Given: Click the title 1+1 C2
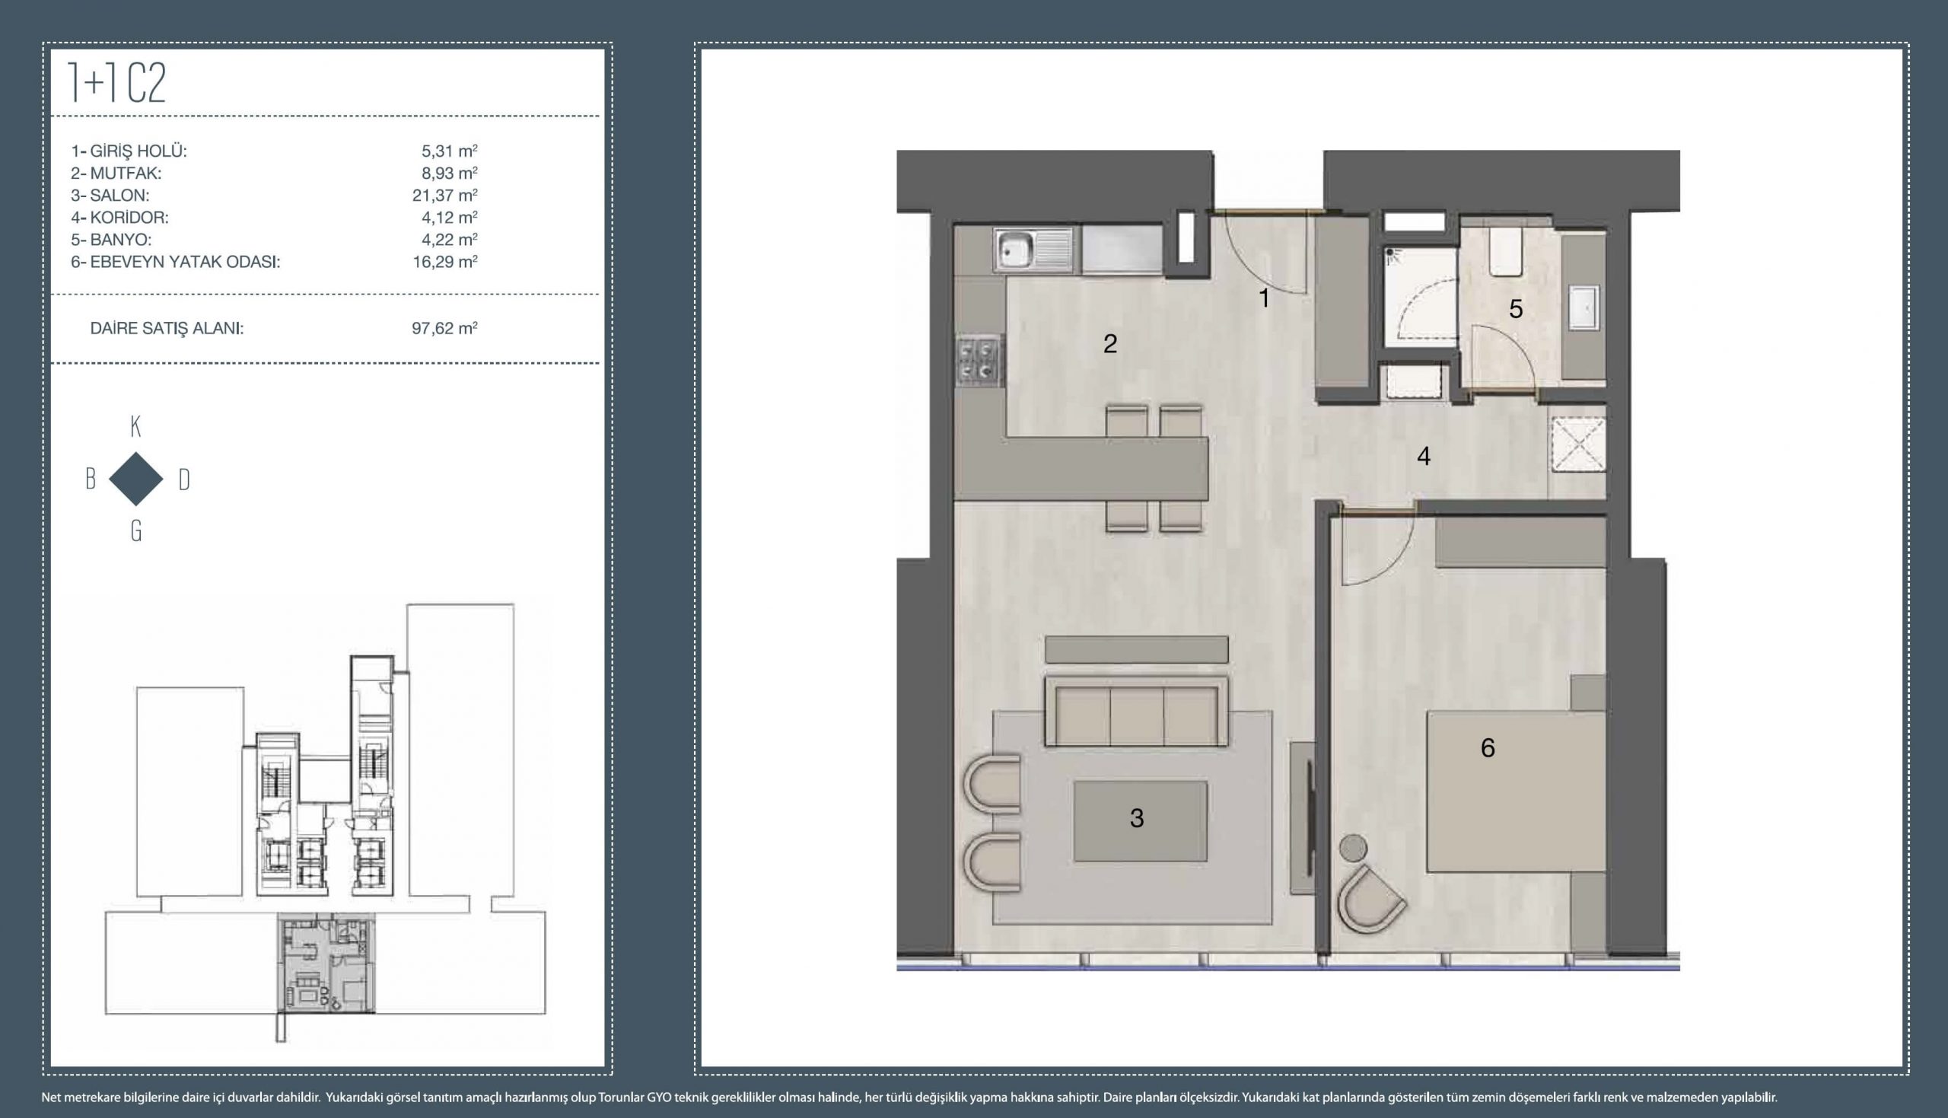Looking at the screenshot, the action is click(x=116, y=83).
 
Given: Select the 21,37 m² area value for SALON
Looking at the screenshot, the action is click(x=444, y=195).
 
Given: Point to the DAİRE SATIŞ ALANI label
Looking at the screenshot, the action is click(x=167, y=329).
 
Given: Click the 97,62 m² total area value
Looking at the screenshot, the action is click(x=444, y=329).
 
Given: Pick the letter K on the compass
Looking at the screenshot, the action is click(x=136, y=427).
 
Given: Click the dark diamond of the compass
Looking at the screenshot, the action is click(x=136, y=479).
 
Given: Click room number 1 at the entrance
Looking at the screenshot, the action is click(x=1264, y=298).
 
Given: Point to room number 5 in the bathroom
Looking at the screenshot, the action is click(x=1515, y=309).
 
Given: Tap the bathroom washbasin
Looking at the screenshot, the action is click(x=1584, y=308).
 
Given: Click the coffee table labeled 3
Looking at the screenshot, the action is click(x=1140, y=821).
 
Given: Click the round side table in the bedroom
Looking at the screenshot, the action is click(x=1353, y=849).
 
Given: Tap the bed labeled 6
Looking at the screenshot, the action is click(x=1516, y=791).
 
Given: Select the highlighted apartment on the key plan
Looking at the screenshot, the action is click(x=326, y=963).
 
